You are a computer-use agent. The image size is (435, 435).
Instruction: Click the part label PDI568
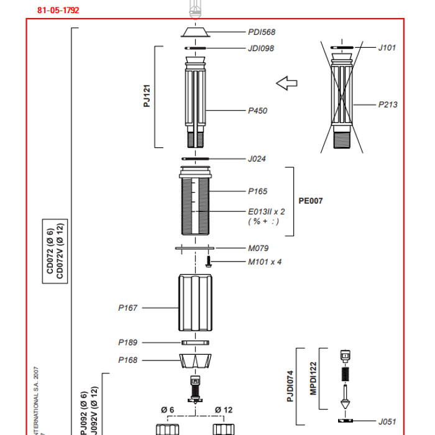(x=261, y=32)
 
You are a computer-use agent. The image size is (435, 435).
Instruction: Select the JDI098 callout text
(x=261, y=48)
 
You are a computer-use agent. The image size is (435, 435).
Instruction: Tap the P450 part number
(x=258, y=111)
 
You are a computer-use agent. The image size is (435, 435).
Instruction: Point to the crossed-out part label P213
(x=388, y=105)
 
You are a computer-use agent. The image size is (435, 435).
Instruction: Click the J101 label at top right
(x=387, y=47)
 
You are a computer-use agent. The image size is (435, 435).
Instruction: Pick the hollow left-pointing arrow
(x=287, y=83)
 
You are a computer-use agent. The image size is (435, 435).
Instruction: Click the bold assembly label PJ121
(x=147, y=97)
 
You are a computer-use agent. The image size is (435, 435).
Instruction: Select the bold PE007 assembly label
(x=311, y=201)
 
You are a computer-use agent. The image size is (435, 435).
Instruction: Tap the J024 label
(x=257, y=159)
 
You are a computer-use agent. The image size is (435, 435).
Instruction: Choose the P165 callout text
(x=258, y=191)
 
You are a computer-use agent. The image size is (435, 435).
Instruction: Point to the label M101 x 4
(x=265, y=262)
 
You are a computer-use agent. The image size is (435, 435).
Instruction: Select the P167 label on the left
(x=128, y=308)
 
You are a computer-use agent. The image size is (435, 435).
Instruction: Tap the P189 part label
(x=128, y=342)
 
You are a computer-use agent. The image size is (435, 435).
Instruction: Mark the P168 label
(x=128, y=360)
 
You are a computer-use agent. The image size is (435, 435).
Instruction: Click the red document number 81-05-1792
(x=58, y=11)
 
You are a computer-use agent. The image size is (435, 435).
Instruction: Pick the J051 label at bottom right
(x=388, y=421)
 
